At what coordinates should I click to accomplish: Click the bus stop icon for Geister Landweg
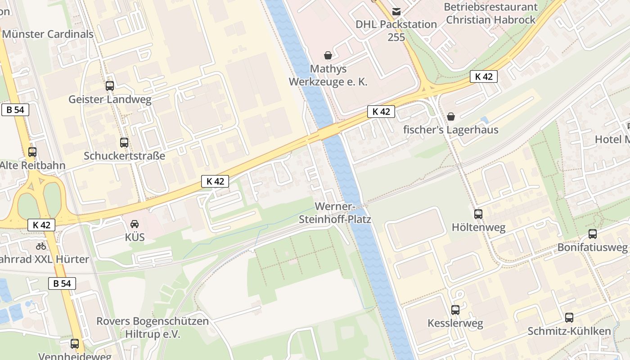point(110,85)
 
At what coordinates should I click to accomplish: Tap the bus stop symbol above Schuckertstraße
point(124,143)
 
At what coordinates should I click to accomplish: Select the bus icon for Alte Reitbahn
point(32,152)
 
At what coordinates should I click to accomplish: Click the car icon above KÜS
point(135,224)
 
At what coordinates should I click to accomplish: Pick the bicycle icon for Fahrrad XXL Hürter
point(41,246)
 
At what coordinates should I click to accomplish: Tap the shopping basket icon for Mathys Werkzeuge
point(328,55)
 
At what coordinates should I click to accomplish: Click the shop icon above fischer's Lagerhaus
point(451,117)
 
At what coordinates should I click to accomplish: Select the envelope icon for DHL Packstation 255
point(396,11)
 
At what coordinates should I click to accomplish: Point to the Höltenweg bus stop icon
point(478,214)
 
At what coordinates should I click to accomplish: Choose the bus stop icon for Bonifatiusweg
point(593,234)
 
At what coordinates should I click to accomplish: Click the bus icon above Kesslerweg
point(455,310)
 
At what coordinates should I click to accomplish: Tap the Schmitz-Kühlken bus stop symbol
point(569,318)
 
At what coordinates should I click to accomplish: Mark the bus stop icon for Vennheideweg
point(75,344)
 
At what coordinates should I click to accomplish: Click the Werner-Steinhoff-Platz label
point(335,213)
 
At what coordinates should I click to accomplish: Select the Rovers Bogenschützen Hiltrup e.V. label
point(153,328)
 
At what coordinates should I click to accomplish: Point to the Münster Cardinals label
point(48,34)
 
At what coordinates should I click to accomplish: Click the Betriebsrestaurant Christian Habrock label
point(490,13)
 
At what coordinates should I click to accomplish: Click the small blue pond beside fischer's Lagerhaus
point(485,120)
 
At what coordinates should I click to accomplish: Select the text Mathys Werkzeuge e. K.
point(328,75)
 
